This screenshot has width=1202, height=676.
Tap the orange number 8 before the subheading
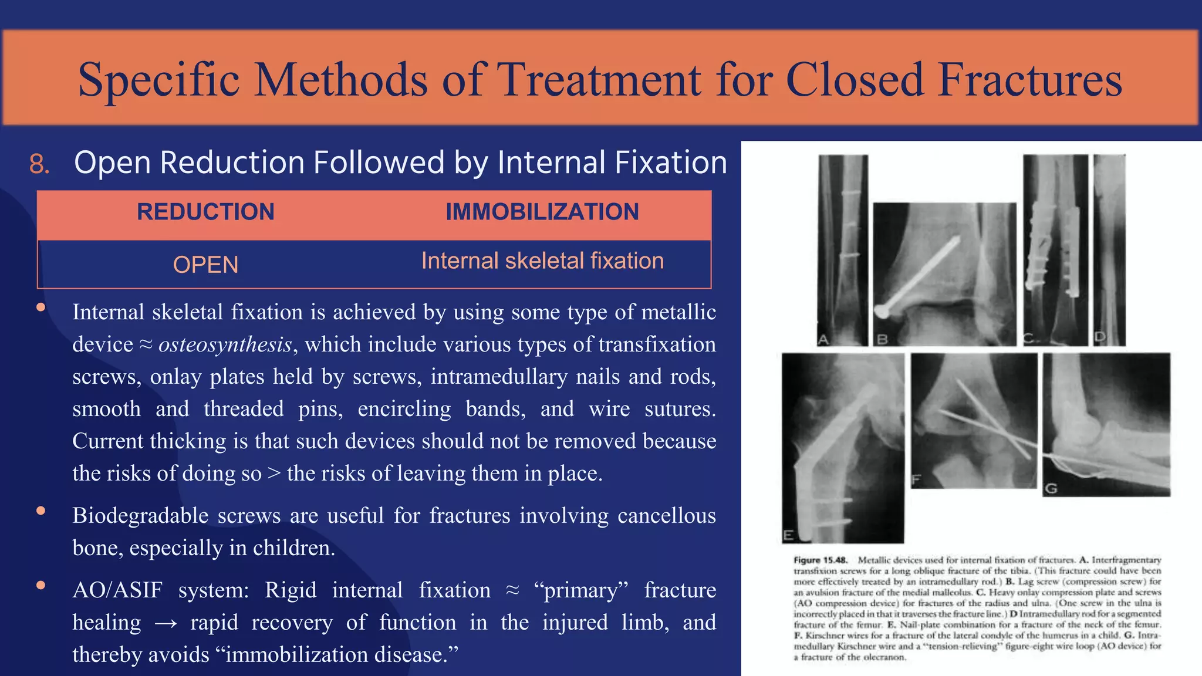tap(39, 164)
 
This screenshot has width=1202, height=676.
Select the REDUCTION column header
tap(205, 212)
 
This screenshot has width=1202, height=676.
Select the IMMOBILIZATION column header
tap(542, 212)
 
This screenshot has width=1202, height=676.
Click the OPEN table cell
tap(205, 265)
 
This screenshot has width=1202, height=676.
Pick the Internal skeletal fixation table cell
tap(542, 261)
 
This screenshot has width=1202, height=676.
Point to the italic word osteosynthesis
tap(225, 344)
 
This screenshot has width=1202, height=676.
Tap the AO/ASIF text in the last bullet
tap(117, 590)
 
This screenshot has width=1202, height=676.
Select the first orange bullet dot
tap(40, 307)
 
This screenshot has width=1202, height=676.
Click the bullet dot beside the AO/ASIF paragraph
tap(40, 585)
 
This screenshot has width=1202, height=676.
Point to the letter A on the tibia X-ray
tap(823, 340)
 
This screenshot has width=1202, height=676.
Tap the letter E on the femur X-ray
tap(788, 535)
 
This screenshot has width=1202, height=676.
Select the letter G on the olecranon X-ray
tap(1051, 488)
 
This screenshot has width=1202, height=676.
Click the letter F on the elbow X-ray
tap(916, 481)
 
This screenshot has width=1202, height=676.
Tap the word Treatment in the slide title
tap(599, 80)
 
